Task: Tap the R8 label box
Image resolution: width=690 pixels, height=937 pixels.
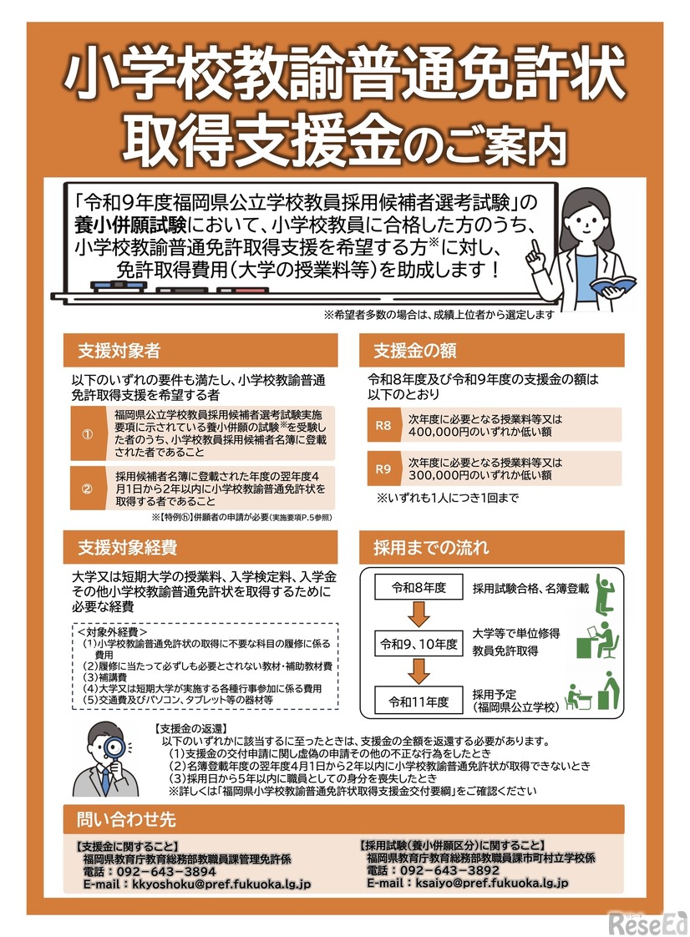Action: coord(383,425)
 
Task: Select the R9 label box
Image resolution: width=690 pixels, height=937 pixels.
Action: coord(383,468)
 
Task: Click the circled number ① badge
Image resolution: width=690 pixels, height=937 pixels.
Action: coord(86,434)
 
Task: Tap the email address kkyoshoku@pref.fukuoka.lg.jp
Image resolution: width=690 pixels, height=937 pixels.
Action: coord(221,883)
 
